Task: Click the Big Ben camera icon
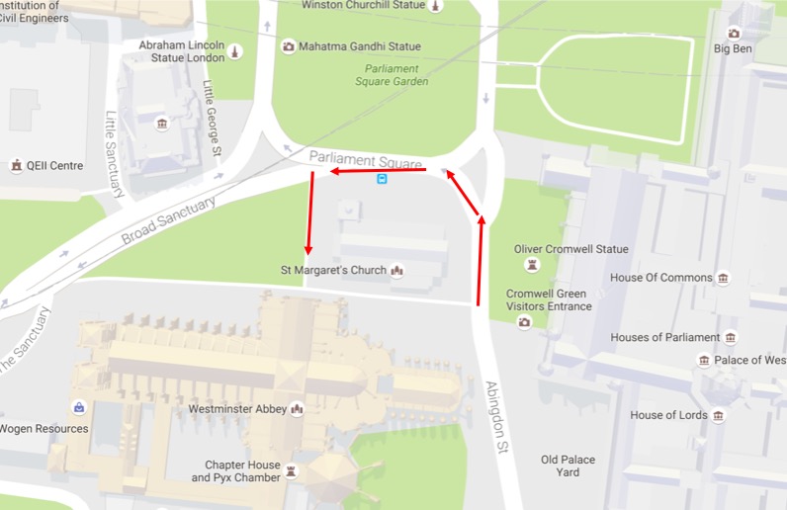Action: tap(734, 32)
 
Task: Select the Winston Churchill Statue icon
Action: tap(435, 6)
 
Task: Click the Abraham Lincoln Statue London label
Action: tap(182, 51)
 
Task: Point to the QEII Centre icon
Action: tap(16, 166)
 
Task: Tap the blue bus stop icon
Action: tap(382, 179)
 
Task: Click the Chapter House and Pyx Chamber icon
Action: tap(290, 471)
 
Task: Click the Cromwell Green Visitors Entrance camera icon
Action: tap(524, 322)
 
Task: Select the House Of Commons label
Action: tap(660, 278)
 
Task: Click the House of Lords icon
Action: tap(719, 416)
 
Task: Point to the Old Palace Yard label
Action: tap(568, 467)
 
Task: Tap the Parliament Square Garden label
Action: tap(395, 75)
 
